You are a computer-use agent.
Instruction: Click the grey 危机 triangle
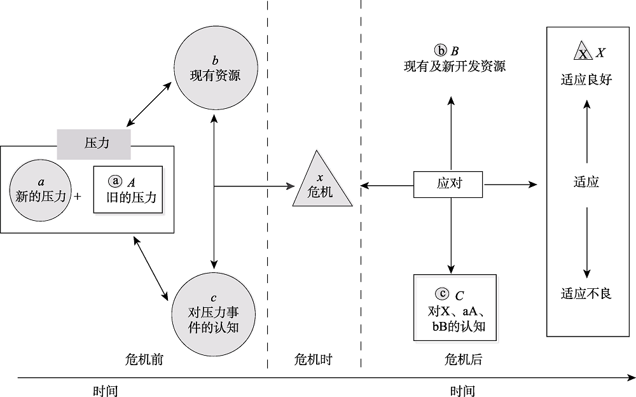click(x=322, y=183)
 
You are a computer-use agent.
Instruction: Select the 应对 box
click(x=449, y=184)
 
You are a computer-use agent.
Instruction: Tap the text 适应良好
click(x=586, y=80)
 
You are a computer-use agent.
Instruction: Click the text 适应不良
click(x=586, y=293)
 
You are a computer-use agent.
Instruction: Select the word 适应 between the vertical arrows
click(x=586, y=183)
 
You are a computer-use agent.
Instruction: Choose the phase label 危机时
click(x=314, y=359)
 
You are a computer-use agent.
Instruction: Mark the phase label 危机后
click(x=462, y=359)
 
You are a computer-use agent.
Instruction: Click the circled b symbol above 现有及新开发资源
click(x=441, y=50)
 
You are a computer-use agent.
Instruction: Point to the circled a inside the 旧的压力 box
click(x=114, y=181)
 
